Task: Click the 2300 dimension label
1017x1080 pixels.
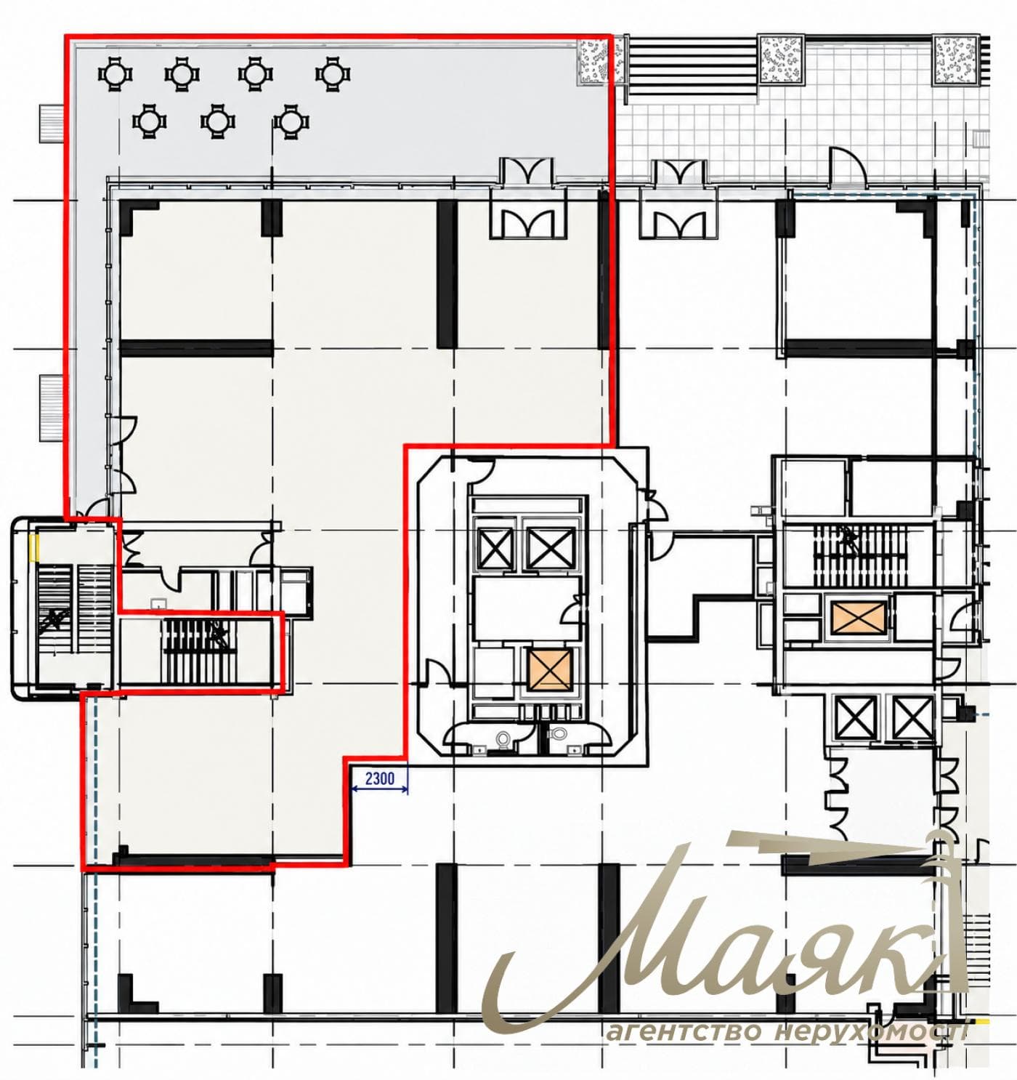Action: [379, 778]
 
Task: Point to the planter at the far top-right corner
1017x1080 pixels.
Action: [955, 60]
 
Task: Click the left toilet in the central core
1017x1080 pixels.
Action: [504, 740]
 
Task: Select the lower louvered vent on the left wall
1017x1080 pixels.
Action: [52, 408]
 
